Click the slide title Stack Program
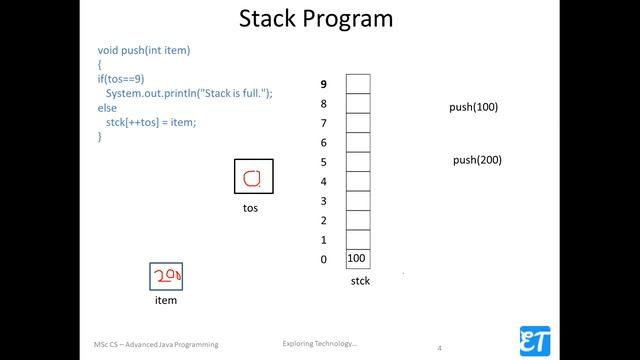point(315,19)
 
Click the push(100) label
point(473,107)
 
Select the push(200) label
point(477,160)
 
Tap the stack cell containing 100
point(357,259)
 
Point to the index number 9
point(323,84)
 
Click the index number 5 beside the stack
point(323,162)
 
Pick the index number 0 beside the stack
point(323,260)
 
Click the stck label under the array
point(360,282)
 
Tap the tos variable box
point(251,178)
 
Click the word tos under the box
point(250,209)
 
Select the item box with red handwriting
point(166,276)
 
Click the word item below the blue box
point(165,300)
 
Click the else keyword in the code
point(107,107)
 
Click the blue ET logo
point(533,339)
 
